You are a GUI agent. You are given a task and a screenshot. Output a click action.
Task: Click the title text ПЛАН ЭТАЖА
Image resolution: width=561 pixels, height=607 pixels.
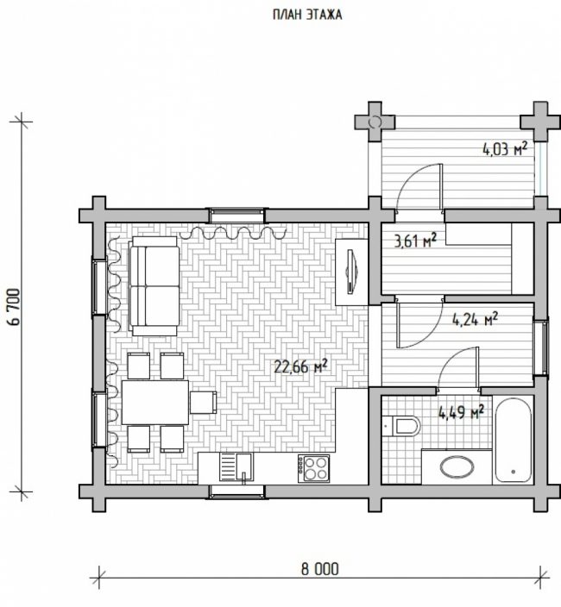tap(307, 15)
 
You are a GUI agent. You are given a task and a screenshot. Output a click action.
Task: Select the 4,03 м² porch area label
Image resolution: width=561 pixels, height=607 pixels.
tap(505, 148)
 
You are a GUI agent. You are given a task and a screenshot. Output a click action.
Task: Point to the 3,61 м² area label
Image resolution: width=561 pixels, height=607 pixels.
tap(415, 241)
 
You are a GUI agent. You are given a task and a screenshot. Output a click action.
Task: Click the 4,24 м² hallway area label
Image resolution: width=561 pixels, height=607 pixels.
tap(475, 320)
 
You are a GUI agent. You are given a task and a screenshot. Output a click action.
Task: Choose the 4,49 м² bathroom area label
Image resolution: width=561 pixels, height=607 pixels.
tap(461, 412)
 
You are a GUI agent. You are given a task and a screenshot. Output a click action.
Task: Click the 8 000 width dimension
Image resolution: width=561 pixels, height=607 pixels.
tap(319, 569)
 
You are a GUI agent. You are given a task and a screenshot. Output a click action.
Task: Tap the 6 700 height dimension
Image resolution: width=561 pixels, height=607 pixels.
tap(14, 307)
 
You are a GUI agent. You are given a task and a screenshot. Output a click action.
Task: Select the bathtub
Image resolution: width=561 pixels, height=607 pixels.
tap(514, 440)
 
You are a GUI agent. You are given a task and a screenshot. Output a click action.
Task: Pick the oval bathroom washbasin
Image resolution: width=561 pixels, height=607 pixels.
tap(457, 466)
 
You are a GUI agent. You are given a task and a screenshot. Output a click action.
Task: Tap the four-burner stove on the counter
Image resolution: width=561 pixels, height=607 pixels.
tap(313, 468)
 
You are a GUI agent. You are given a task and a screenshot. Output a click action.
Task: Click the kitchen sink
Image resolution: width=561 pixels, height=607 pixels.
tap(236, 467)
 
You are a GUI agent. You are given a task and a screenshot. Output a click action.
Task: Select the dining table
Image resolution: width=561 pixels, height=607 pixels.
tap(155, 402)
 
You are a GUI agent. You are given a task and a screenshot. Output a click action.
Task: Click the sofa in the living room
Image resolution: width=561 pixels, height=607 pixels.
tap(154, 286)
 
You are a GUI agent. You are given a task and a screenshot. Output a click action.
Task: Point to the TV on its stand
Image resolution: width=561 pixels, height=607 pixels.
tap(352, 272)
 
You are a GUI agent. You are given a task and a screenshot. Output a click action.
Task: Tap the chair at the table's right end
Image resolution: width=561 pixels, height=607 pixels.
tap(204, 402)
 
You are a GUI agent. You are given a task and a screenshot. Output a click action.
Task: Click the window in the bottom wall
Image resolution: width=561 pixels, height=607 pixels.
tap(236, 491)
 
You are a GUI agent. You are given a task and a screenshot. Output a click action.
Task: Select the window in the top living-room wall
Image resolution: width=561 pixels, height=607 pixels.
tap(237, 216)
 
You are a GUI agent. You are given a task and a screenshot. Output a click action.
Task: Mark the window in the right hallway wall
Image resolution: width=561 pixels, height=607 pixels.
tap(541, 347)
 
